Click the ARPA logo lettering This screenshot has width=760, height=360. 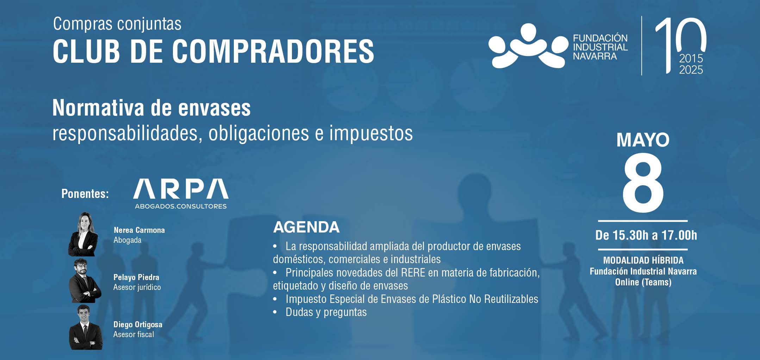coord(181,189)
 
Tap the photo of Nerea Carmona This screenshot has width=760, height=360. coord(83,234)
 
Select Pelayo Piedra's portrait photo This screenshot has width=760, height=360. coord(85,281)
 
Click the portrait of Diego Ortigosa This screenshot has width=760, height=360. coord(86,328)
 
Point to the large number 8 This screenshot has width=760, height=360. coord(643,183)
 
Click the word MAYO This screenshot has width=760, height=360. coord(643,140)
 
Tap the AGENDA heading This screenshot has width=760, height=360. coord(306,227)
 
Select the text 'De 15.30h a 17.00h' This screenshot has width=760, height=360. coord(646,235)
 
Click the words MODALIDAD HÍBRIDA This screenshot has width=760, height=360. coord(643,260)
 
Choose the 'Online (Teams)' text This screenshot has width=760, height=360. coord(643,282)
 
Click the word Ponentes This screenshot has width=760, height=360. coord(85,193)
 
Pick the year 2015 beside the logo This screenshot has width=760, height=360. coord(691,58)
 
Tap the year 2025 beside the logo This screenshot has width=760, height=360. coord(691,70)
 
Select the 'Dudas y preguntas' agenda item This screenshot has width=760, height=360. coord(326,312)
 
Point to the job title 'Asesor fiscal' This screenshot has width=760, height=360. coord(133,334)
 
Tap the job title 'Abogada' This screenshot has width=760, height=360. coord(127,240)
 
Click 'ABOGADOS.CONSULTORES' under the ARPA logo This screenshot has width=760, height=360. coord(181,206)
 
